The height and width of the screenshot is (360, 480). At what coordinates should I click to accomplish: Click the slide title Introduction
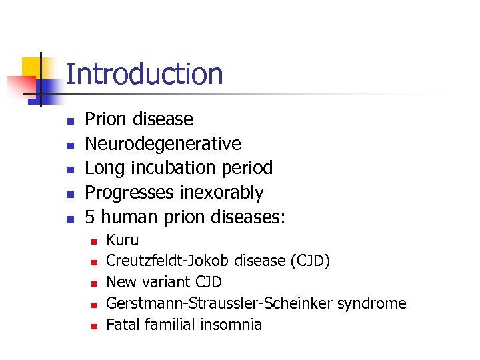(144, 74)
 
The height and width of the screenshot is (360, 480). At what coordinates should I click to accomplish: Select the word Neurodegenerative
(163, 143)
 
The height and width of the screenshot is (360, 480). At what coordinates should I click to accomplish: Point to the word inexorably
(222, 193)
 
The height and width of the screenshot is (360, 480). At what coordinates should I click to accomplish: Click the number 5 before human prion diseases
(90, 217)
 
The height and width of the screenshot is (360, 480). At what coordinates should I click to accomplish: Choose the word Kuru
(123, 240)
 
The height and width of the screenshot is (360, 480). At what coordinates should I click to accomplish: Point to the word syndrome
(371, 303)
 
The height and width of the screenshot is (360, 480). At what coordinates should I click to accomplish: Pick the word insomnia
(232, 325)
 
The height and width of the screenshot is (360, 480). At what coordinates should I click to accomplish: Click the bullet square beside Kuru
(94, 241)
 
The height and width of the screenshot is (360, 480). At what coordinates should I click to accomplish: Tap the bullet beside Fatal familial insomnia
(94, 326)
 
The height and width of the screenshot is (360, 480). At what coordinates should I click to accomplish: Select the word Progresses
(131, 193)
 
